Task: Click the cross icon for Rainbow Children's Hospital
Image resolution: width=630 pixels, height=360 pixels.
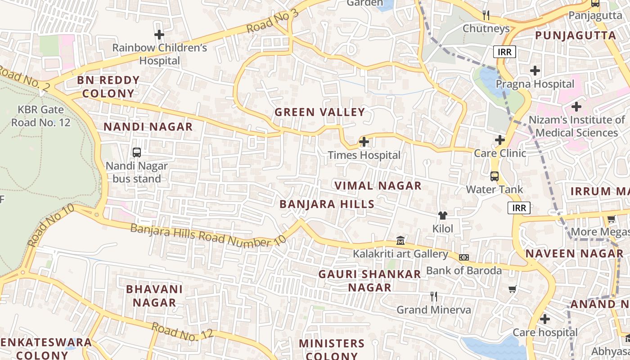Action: coord(159,35)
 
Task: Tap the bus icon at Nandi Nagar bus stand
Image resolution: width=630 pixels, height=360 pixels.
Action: coord(137,153)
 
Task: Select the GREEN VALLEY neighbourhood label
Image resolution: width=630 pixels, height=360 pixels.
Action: coord(319,112)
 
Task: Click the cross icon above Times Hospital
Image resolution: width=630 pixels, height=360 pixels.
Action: coord(364,142)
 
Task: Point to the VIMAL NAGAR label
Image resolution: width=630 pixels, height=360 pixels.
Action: coord(378,185)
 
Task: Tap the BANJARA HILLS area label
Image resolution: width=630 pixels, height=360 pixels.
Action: coord(327,204)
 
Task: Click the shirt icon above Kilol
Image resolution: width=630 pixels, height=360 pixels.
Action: coord(443,216)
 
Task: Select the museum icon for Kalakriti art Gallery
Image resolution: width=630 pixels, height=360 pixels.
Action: coord(400,241)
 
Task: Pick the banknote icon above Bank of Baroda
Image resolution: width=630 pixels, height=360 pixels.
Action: coord(464,257)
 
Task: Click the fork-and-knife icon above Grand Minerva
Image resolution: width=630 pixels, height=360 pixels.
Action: coord(434,297)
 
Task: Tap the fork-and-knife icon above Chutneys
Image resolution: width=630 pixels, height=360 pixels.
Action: coord(486,15)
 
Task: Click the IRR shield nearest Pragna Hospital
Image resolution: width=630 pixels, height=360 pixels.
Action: coord(504,52)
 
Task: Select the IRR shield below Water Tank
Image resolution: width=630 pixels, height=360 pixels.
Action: coord(519,207)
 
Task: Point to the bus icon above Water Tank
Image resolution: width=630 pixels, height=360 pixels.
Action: coord(495,176)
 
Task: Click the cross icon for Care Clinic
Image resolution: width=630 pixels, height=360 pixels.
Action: coord(500,140)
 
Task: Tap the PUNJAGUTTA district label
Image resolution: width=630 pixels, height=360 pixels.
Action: coord(575,36)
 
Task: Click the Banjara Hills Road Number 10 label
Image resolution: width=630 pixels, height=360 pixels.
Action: coord(208,235)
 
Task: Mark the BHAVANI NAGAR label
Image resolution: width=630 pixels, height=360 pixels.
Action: coord(154,296)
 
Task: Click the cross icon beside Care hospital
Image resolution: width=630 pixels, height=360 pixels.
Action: coord(545,319)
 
